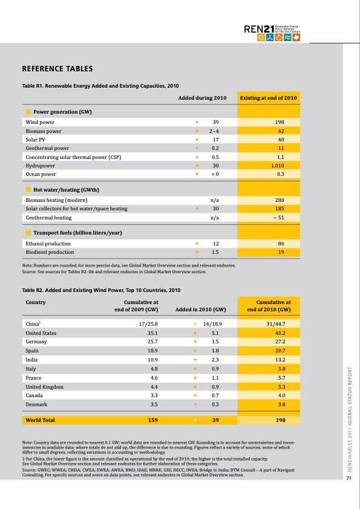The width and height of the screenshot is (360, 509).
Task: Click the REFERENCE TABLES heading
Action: [57, 69]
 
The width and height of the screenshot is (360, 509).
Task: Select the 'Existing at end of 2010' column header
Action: [268, 97]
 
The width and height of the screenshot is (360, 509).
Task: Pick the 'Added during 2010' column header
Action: [202, 97]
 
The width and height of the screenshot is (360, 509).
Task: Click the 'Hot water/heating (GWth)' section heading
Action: [65, 190]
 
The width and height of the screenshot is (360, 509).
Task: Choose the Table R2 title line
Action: [101, 290]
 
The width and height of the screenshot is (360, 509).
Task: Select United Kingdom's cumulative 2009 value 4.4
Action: [154, 387]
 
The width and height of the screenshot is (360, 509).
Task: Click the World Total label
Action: [40, 420]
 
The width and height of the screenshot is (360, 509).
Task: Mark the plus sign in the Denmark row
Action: [195, 404]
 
